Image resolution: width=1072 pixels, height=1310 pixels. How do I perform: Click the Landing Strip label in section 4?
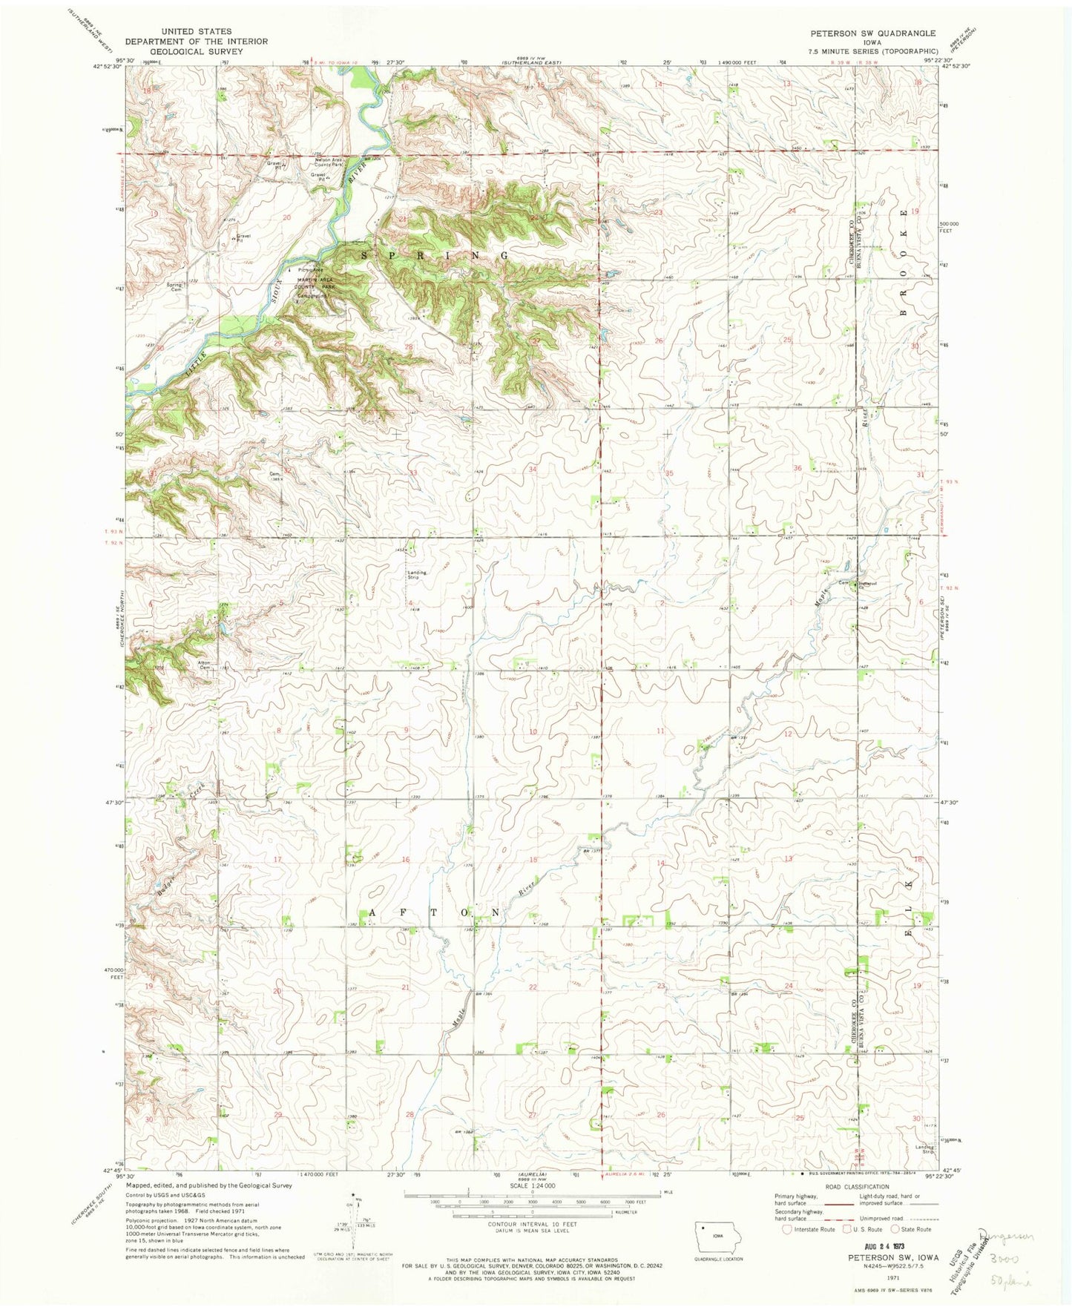(415, 574)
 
